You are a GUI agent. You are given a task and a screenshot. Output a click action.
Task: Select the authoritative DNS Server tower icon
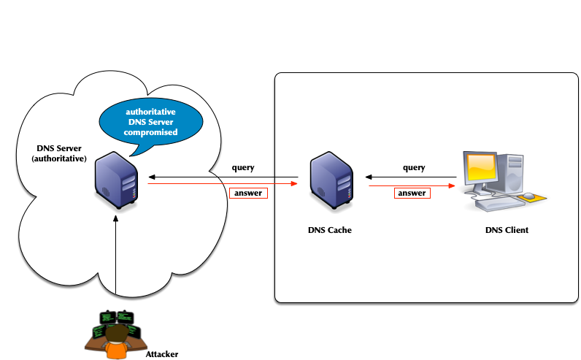[x=117, y=180]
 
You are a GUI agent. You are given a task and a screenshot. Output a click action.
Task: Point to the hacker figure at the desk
[x=116, y=337]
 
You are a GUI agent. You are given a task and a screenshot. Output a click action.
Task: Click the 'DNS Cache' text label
[x=329, y=230]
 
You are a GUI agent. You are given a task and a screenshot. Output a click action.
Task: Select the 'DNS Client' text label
[x=507, y=230]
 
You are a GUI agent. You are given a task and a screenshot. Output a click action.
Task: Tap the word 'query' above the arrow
[x=414, y=168]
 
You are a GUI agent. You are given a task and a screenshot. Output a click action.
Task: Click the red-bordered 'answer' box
[x=412, y=194]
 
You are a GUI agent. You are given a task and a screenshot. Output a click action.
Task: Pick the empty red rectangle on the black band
[x=248, y=193]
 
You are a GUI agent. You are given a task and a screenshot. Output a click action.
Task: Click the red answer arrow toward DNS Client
[x=416, y=185]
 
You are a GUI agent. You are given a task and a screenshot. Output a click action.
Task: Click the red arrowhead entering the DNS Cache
[x=293, y=184]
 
